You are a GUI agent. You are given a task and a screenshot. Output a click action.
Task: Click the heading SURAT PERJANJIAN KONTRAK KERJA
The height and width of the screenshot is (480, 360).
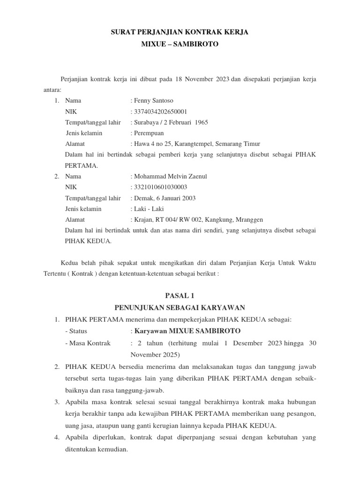click(180, 32)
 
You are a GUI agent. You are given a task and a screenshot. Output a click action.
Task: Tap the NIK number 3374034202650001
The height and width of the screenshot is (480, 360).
click(161, 112)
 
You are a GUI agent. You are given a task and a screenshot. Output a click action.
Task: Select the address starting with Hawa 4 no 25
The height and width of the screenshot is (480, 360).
click(197, 144)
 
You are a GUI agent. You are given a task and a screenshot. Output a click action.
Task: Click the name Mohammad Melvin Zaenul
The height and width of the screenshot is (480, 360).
click(170, 176)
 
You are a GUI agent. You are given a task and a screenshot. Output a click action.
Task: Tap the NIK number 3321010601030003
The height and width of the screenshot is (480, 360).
click(161, 187)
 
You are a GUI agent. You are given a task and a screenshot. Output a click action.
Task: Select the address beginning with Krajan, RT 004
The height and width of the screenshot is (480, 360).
click(198, 219)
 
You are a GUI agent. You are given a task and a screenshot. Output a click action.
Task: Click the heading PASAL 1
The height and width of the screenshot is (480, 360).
click(180, 296)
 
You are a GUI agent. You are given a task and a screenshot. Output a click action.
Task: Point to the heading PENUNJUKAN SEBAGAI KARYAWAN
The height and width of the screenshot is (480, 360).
click(180, 307)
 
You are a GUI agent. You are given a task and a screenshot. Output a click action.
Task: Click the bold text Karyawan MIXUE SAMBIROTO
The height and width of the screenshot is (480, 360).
click(187, 331)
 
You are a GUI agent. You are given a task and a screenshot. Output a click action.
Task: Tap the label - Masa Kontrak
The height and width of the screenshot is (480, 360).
click(88, 343)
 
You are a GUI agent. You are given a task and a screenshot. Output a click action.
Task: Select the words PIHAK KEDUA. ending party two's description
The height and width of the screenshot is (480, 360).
click(88, 241)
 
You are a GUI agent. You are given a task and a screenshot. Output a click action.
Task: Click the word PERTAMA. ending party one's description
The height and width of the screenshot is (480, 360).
click(82, 165)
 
